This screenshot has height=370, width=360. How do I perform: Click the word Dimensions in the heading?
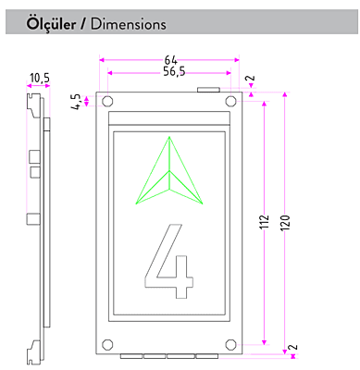click(129, 24)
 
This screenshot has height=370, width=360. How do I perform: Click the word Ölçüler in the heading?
click(51, 23)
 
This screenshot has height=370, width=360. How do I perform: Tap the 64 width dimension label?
click(170, 60)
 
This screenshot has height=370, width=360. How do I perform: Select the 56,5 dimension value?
click(174, 72)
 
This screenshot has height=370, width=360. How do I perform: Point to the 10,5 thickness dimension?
click(39, 78)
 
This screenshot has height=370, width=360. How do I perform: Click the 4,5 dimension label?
click(76, 101)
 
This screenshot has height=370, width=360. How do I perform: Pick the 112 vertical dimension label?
click(264, 222)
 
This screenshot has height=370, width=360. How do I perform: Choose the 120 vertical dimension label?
click(285, 222)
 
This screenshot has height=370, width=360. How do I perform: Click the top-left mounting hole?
click(107, 101)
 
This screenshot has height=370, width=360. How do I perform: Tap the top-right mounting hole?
click(230, 101)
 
